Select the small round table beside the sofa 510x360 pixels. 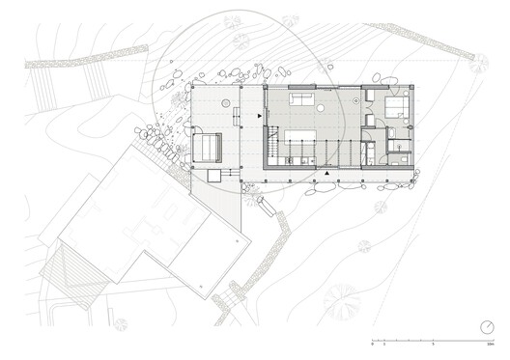click(x=354, y=100)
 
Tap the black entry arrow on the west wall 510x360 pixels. click(x=259, y=117)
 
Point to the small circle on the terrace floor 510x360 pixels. click(x=224, y=101)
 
